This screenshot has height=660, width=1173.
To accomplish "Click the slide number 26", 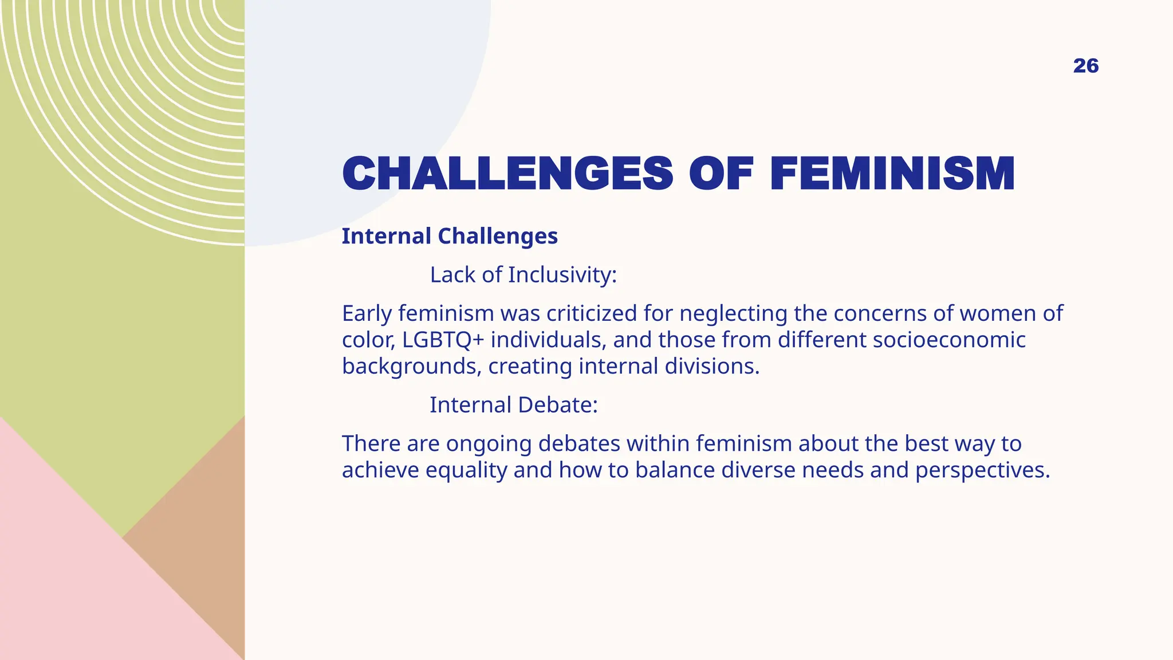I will (1085, 66).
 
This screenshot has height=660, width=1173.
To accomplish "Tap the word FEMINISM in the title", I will (892, 174).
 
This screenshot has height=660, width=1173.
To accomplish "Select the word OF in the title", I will (721, 174).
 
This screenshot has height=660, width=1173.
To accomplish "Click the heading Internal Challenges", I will (450, 236).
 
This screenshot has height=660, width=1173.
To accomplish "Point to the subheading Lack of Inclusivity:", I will (523, 275).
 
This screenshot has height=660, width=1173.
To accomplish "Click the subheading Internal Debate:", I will (513, 405).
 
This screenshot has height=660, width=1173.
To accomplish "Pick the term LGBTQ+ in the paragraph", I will (443, 340).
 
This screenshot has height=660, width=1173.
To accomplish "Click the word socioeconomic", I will (948, 340).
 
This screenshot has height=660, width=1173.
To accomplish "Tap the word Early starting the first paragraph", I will (366, 314).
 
